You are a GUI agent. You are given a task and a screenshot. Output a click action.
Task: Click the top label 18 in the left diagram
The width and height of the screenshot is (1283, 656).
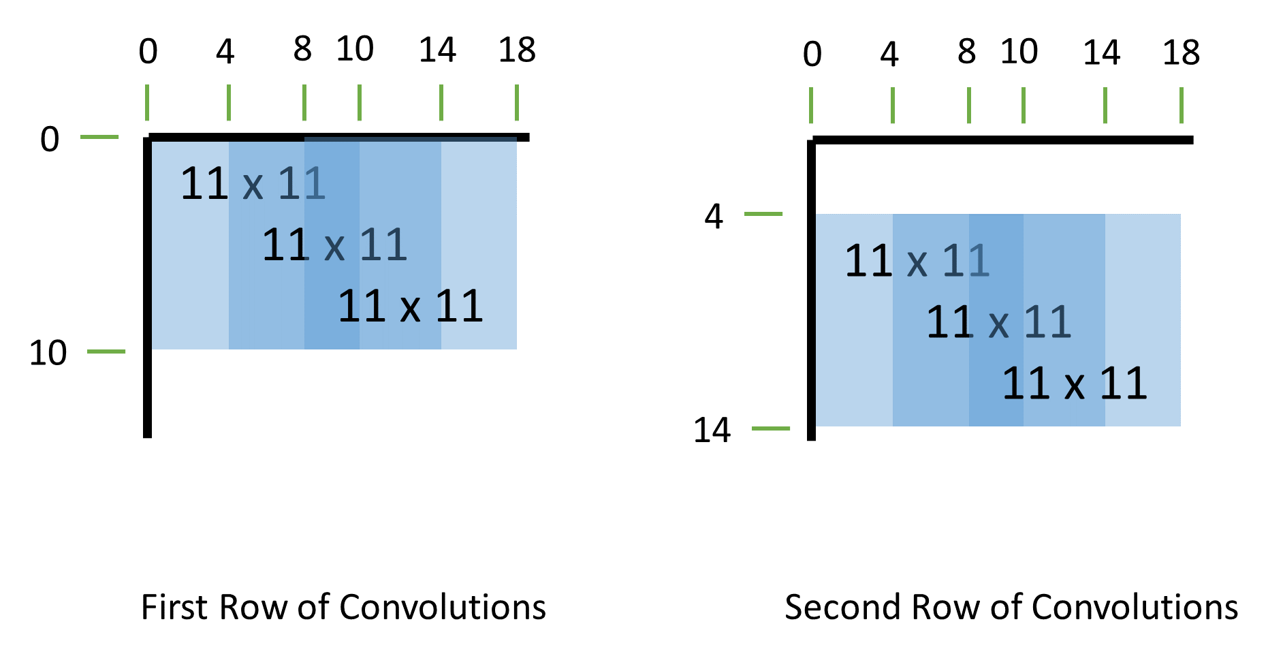(x=517, y=50)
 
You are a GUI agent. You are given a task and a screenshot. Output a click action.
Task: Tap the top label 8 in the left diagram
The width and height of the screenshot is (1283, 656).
(x=302, y=50)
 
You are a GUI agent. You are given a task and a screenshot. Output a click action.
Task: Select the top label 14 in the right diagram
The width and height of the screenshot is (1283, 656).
(x=1102, y=53)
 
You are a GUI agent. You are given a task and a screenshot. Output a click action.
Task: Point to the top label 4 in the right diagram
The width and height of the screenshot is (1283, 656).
(x=889, y=54)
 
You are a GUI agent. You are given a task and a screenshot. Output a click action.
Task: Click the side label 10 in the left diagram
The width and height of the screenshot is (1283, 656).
(x=48, y=353)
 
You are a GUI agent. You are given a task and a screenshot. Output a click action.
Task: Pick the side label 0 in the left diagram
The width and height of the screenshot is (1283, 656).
(x=50, y=140)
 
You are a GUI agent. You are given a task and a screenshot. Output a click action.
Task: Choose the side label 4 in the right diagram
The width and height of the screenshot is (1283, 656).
(x=713, y=217)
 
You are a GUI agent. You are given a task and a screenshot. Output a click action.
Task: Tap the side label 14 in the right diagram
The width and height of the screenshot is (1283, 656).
(x=712, y=431)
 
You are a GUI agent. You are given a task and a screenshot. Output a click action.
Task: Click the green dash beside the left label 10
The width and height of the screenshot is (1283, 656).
(x=106, y=352)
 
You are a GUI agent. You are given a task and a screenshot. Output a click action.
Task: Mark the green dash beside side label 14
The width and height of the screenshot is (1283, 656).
(x=770, y=428)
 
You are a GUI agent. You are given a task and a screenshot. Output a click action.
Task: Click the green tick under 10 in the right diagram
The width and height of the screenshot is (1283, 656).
(x=1024, y=106)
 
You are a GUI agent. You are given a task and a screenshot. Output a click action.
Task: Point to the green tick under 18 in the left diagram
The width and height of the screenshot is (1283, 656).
(x=517, y=102)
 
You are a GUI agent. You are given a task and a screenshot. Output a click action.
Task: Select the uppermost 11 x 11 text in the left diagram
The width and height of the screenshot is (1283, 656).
(x=253, y=184)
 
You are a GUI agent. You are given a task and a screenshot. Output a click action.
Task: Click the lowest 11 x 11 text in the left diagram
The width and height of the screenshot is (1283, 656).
(x=410, y=307)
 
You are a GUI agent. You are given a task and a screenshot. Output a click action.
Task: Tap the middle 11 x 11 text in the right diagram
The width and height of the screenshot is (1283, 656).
(x=998, y=322)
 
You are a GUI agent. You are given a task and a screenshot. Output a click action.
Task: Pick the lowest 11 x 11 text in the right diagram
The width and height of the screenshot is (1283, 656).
(x=1074, y=384)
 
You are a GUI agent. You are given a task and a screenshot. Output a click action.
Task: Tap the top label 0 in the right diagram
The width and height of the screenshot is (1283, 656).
(x=812, y=54)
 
